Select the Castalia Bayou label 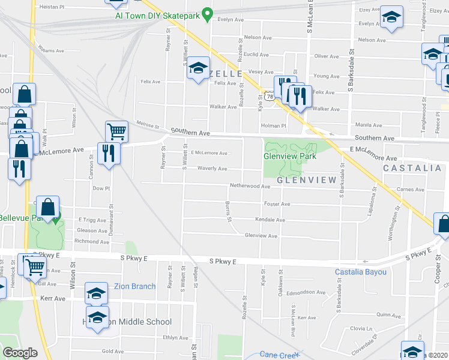[x=360, y=272]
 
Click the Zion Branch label [x=135, y=286]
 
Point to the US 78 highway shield [x=270, y=97]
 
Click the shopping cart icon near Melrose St [x=116, y=131]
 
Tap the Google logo [x=20, y=353]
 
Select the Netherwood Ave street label [x=250, y=187]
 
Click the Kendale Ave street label [x=270, y=220]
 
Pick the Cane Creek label [x=280, y=355]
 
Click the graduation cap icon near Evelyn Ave [x=391, y=19]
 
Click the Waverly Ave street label [x=212, y=169]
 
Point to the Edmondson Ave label [x=305, y=293]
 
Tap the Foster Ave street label [x=277, y=204]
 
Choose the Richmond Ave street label [x=92, y=242]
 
